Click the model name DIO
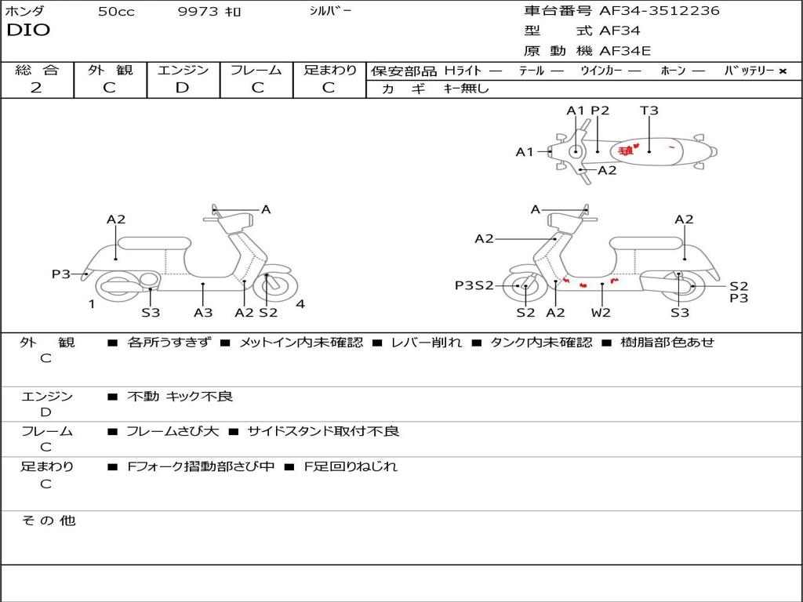click(x=28, y=31)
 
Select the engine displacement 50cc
click(x=116, y=12)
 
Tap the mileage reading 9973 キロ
click(x=210, y=12)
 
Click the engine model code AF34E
click(x=625, y=52)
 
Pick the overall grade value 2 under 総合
click(x=35, y=88)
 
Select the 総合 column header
click(x=37, y=70)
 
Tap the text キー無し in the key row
click(x=467, y=89)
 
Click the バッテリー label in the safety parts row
click(x=749, y=71)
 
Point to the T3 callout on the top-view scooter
click(x=649, y=111)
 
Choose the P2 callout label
click(x=600, y=111)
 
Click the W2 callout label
click(x=601, y=313)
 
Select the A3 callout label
click(x=203, y=313)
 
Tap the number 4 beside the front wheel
click(x=300, y=304)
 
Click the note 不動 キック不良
click(x=180, y=397)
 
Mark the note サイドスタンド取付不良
click(x=323, y=431)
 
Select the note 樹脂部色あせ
click(x=667, y=342)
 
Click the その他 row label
click(x=48, y=520)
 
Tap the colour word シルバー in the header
click(x=331, y=11)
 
